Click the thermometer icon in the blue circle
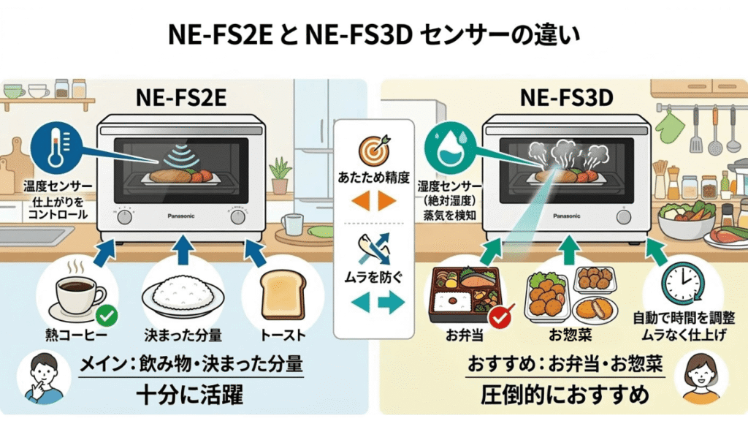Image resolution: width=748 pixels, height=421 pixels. tap(55, 146)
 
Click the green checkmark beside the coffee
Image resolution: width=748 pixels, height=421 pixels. tap(106, 316)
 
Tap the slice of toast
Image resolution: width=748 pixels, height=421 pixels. tap(282, 297)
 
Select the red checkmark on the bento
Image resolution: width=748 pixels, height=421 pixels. tap(499, 318)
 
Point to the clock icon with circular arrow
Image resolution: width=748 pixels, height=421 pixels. tap(682, 284)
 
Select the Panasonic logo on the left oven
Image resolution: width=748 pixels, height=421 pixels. tap(180, 216)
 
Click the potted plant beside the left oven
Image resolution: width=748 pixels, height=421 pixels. tap(280, 176)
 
